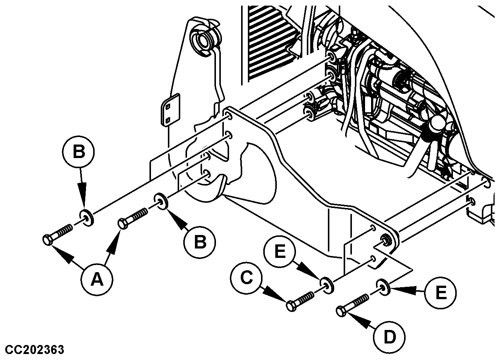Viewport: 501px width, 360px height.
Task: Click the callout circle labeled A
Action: (x=97, y=279)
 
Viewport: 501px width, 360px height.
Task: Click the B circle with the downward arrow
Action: (x=79, y=152)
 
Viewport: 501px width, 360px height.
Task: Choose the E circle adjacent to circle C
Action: (x=280, y=251)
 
